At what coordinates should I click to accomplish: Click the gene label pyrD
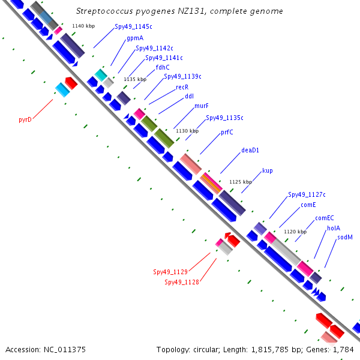(25, 119)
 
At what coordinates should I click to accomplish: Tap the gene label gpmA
(134, 38)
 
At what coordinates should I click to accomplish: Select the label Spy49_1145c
(133, 27)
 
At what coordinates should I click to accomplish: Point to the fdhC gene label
(163, 67)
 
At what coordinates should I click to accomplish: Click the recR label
(182, 86)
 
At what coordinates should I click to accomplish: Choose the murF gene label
(202, 106)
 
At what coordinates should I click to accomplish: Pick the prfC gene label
(227, 132)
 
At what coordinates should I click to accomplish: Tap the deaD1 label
(250, 150)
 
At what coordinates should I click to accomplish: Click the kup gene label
(268, 170)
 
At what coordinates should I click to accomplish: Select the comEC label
(325, 218)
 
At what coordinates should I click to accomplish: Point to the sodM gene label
(344, 237)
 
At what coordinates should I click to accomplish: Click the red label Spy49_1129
(170, 272)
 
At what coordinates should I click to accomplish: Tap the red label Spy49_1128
(182, 282)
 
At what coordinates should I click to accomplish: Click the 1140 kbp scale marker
(82, 26)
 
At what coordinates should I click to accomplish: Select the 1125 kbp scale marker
(241, 181)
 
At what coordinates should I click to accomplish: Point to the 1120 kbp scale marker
(295, 232)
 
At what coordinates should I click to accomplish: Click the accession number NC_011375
(65, 349)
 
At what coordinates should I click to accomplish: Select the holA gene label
(334, 228)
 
